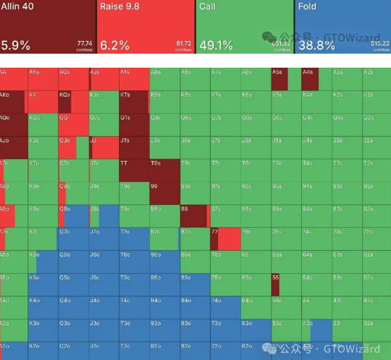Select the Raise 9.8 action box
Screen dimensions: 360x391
pyautogui.click(x=145, y=26)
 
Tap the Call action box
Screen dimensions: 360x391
pyautogui.click(x=245, y=26)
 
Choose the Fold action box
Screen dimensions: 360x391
pyautogui.click(x=343, y=26)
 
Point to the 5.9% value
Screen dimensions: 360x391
pyautogui.click(x=16, y=46)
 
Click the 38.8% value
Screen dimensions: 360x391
pyautogui.click(x=315, y=46)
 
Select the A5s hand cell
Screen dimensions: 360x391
pyautogui.click(x=285, y=79)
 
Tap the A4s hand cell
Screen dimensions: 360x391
pyautogui.click(x=316, y=79)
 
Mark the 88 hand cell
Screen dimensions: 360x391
pyautogui.click(x=194, y=216)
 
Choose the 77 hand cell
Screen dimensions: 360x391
pyautogui.click(x=225, y=239)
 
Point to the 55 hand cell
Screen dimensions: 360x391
pyautogui.click(x=285, y=284)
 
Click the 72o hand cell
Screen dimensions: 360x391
pyautogui.click(x=225, y=350)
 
